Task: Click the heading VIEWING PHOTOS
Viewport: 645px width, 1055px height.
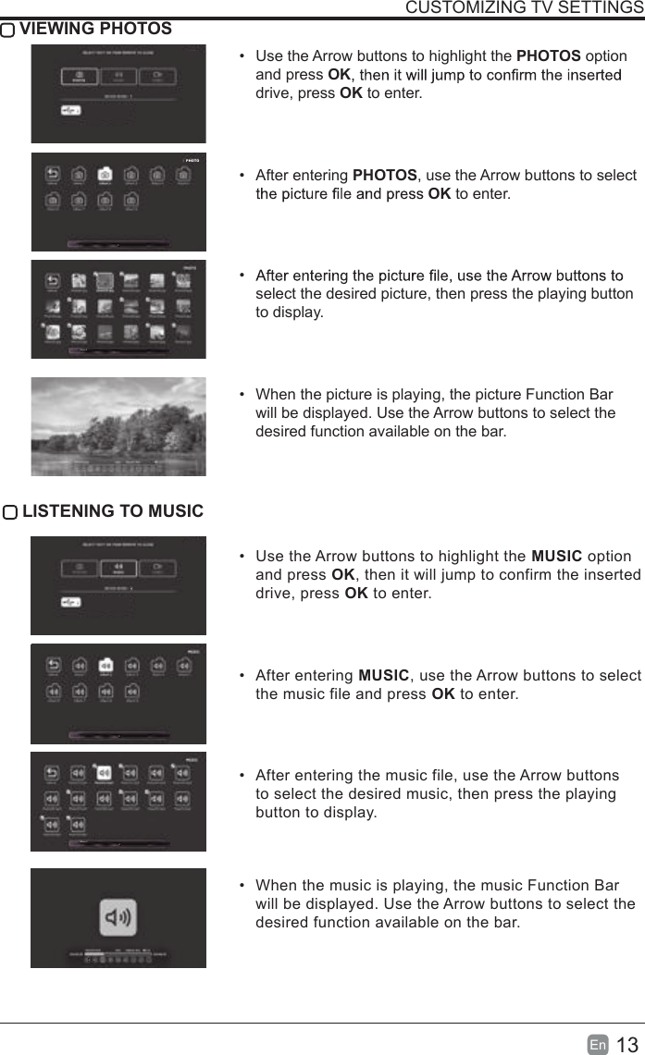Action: point(95,29)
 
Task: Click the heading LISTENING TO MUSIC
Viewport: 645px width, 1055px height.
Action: point(113,511)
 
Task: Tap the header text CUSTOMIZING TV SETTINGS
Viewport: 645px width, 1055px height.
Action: point(525,8)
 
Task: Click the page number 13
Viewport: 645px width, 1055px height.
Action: point(626,1045)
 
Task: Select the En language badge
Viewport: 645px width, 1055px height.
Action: point(598,1045)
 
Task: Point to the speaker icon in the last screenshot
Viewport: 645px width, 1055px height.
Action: point(118,917)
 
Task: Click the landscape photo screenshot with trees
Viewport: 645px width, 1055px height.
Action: point(118,426)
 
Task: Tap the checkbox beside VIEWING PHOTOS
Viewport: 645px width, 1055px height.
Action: point(8,30)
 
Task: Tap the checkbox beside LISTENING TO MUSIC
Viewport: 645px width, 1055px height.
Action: point(10,512)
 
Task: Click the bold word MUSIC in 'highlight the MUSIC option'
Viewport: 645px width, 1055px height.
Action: point(556,556)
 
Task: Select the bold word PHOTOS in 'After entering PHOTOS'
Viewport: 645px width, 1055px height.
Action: point(385,176)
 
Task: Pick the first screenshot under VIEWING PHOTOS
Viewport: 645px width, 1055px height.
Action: point(118,93)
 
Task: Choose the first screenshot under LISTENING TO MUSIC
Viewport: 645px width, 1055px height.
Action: point(118,585)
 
